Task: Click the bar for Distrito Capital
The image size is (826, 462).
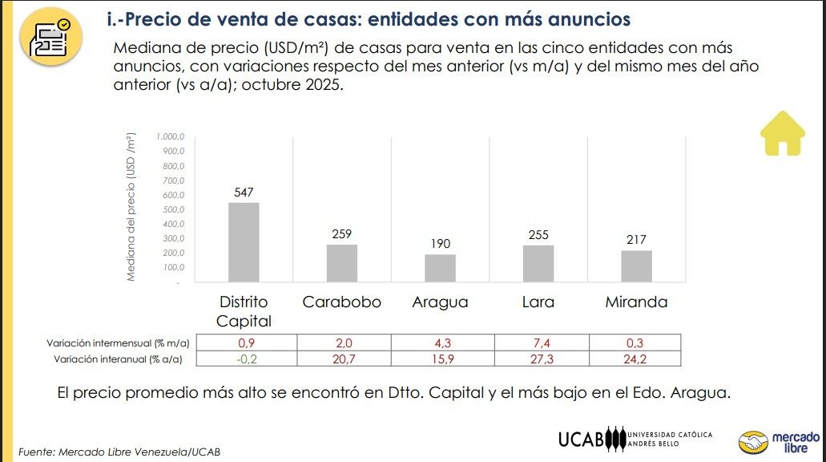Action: (244, 242)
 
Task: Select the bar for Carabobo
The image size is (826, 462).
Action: (341, 263)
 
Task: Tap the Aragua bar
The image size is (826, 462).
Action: (440, 268)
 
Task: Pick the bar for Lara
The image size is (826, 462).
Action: (538, 263)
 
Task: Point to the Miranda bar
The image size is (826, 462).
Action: (636, 266)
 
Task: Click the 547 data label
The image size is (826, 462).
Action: (244, 192)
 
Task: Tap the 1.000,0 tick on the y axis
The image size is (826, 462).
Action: (171, 137)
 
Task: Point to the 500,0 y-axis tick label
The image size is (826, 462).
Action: (173, 210)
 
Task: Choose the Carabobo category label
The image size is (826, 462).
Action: (341, 302)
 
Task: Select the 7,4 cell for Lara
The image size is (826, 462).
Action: (542, 342)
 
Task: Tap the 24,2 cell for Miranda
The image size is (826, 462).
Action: (635, 359)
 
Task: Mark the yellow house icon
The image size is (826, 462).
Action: (782, 132)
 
